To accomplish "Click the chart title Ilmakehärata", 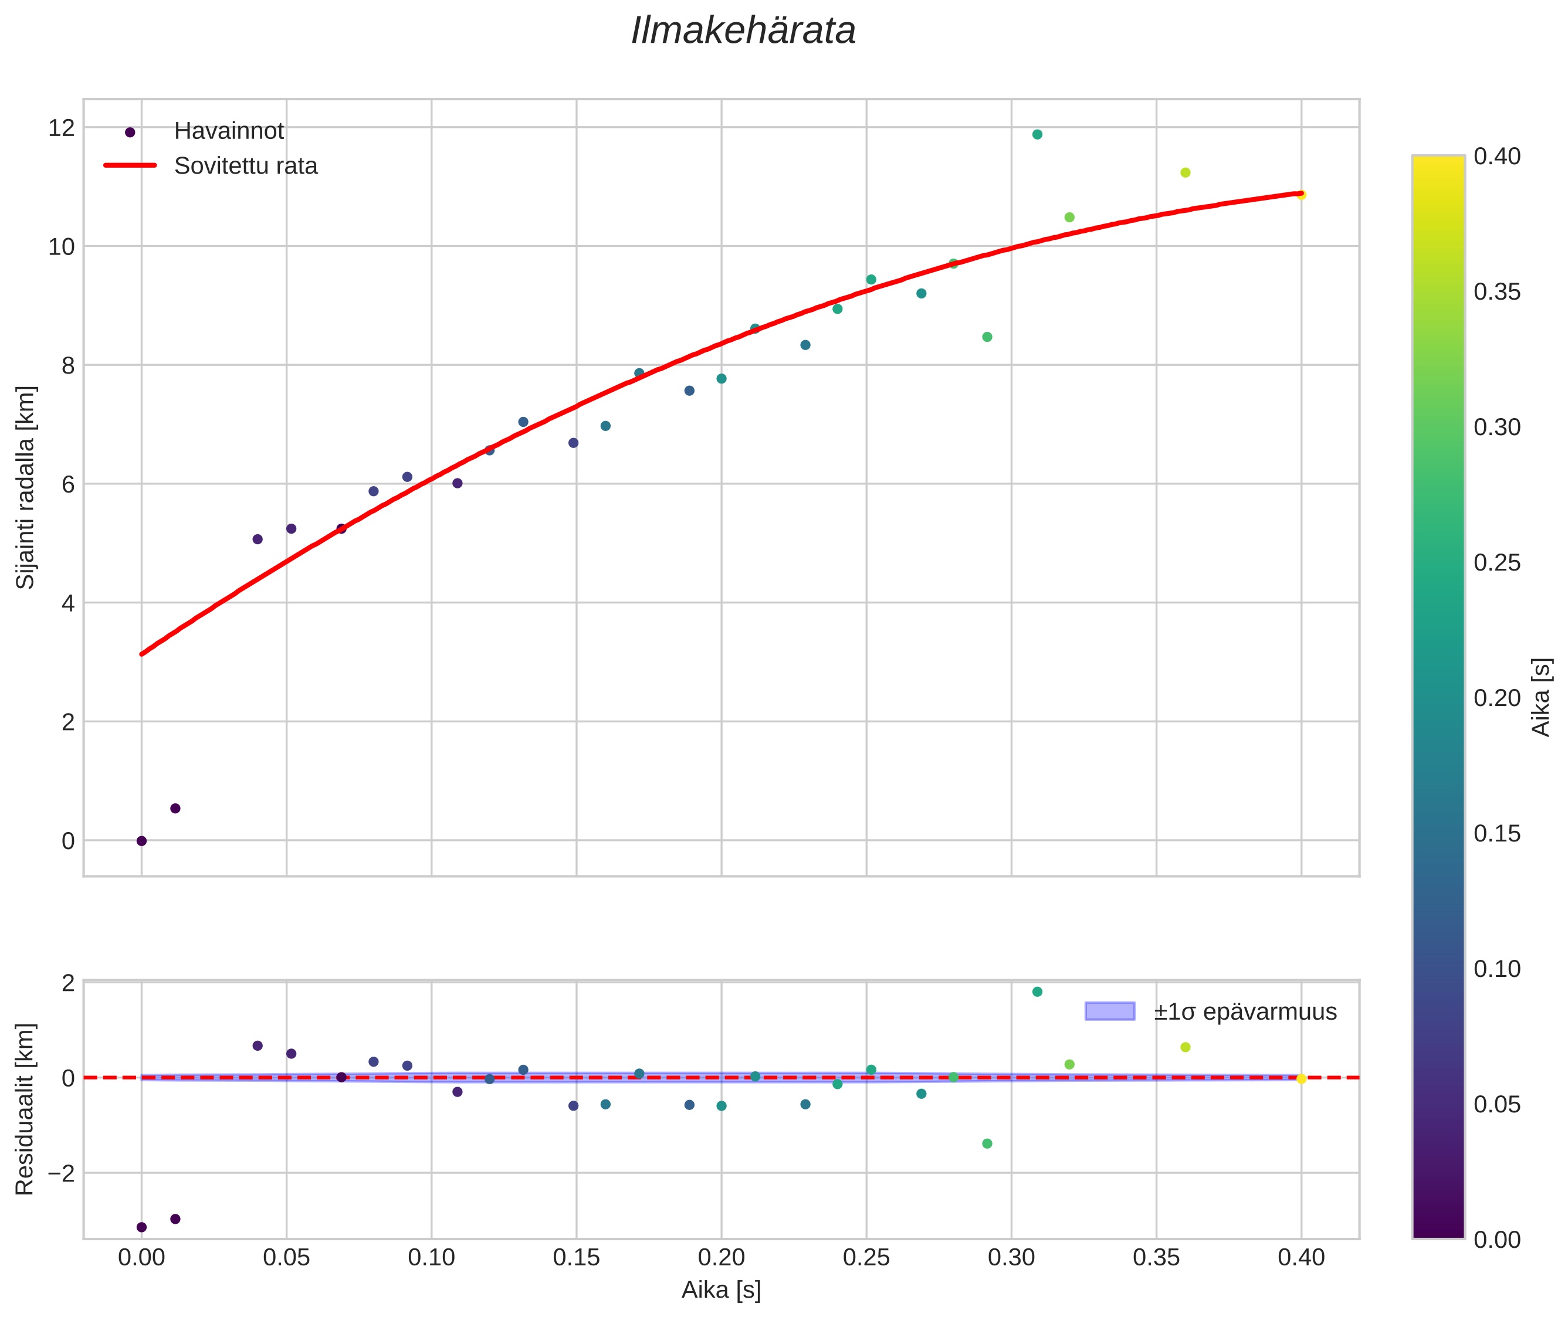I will pyautogui.click(x=743, y=31).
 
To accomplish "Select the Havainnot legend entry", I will pyautogui.click(x=229, y=131).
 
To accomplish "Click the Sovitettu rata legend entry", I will pyautogui.click(x=246, y=166).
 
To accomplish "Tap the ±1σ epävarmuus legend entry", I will pyautogui.click(x=1245, y=1011).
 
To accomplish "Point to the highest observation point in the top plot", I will pyautogui.click(x=1037, y=134).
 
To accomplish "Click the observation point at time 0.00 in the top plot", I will pyautogui.click(x=141, y=841).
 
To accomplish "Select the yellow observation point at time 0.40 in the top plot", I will pyautogui.click(x=1301, y=195).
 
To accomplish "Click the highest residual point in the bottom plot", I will pyautogui.click(x=1037, y=992).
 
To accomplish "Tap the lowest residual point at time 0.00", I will pyautogui.click(x=141, y=1227).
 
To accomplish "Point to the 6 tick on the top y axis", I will pyautogui.click(x=68, y=484).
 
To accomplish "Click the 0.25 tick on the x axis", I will pyautogui.click(x=866, y=1258).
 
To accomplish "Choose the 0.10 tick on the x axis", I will pyautogui.click(x=431, y=1258).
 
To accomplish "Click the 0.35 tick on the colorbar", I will pyautogui.click(x=1496, y=292).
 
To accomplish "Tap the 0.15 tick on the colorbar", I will pyautogui.click(x=1496, y=834).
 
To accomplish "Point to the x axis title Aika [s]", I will pyautogui.click(x=721, y=1290).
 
